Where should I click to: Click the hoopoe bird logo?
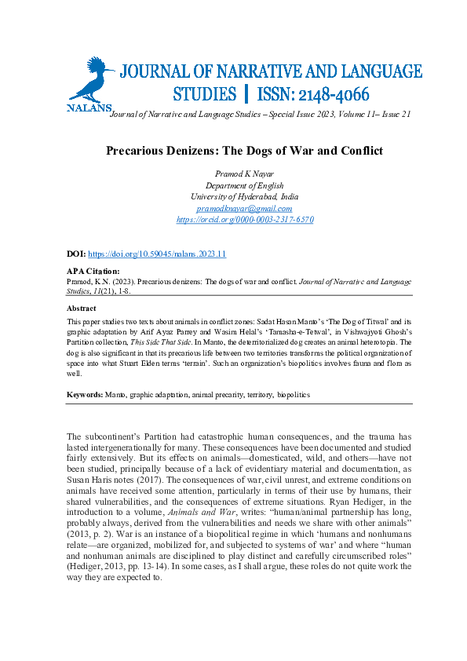(90, 80)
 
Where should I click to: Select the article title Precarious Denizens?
(244, 150)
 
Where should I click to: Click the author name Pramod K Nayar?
(244, 173)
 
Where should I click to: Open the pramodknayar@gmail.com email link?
(244, 209)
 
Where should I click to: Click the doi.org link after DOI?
(157, 255)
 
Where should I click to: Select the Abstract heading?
(82, 309)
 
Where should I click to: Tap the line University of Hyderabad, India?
(244, 197)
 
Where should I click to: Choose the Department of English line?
(244, 185)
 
